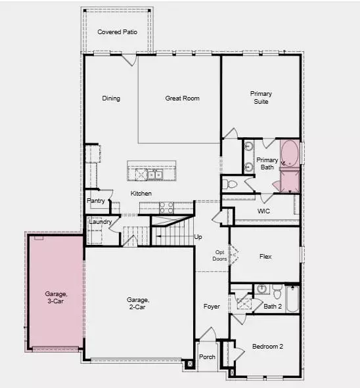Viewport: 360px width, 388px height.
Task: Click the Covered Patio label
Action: click(117, 32)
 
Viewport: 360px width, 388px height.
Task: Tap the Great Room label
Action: click(182, 98)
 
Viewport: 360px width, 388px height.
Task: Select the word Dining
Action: click(111, 98)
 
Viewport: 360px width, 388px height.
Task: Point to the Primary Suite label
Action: click(261, 97)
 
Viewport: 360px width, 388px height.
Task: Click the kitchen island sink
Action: click(154, 175)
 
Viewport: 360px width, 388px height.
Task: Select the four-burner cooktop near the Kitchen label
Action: click(166, 207)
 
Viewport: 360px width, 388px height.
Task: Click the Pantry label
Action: click(96, 201)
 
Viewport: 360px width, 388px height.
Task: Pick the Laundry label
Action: click(100, 222)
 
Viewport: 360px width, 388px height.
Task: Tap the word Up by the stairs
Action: click(198, 237)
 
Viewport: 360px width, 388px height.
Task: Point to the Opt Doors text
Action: click(220, 255)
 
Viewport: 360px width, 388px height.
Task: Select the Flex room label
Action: click(265, 257)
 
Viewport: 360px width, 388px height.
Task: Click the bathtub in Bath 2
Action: click(292, 299)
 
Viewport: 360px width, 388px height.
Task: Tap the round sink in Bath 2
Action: click(261, 289)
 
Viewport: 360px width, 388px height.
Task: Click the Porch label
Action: click(207, 357)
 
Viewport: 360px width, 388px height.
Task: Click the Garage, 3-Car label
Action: click(56, 297)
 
